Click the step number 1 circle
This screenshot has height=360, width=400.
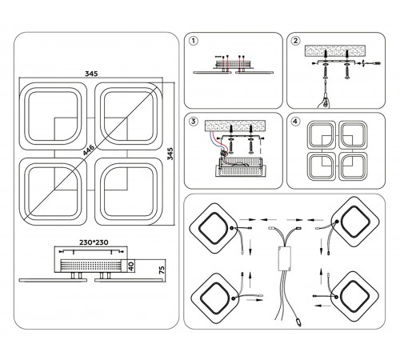pos(194,41)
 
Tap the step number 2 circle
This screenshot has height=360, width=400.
pos(295,41)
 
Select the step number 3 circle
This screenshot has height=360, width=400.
pos(194,122)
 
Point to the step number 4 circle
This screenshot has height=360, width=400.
pos(295,122)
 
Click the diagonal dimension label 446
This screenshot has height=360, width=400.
pos(89,150)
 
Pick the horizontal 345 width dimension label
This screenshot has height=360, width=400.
pos(91,74)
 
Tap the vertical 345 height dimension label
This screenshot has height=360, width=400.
pos(170,154)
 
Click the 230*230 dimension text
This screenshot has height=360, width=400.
pos(94,242)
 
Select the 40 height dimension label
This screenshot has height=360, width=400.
pos(131,266)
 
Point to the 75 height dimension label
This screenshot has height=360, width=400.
pos(162,270)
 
